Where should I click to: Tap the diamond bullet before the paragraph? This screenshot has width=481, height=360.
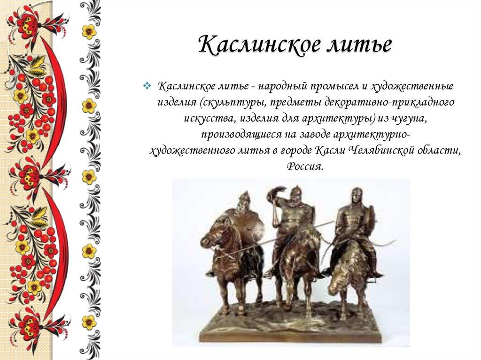coord(147,86)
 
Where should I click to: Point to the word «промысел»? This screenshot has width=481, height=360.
coord(326,87)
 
